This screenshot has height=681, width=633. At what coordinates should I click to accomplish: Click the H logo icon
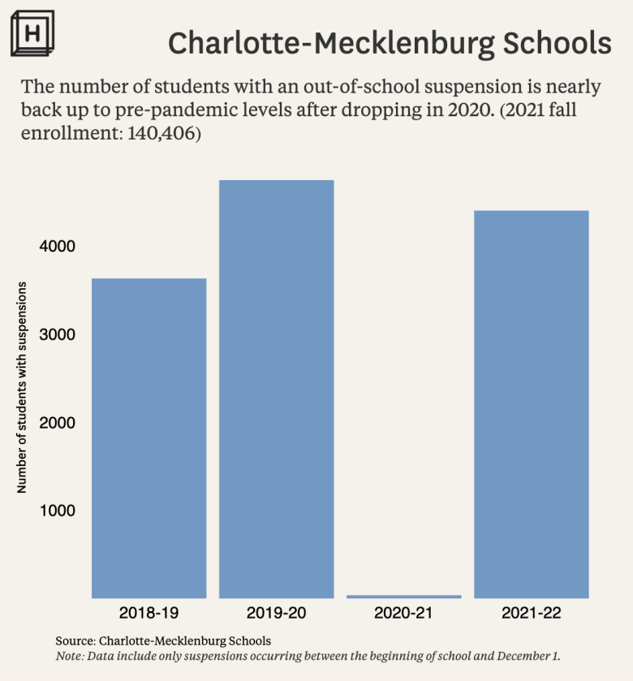(x=33, y=35)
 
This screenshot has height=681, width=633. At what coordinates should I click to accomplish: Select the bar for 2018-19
(x=149, y=438)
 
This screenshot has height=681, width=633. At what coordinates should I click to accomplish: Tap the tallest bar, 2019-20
(x=276, y=390)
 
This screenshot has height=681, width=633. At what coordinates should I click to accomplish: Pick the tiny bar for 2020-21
(x=403, y=597)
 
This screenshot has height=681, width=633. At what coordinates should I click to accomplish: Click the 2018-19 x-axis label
(x=149, y=613)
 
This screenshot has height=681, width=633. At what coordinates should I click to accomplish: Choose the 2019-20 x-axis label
(x=276, y=613)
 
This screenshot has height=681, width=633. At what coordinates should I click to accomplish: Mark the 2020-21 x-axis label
(x=403, y=613)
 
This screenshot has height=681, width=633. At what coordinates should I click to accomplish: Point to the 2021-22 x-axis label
(x=531, y=613)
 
